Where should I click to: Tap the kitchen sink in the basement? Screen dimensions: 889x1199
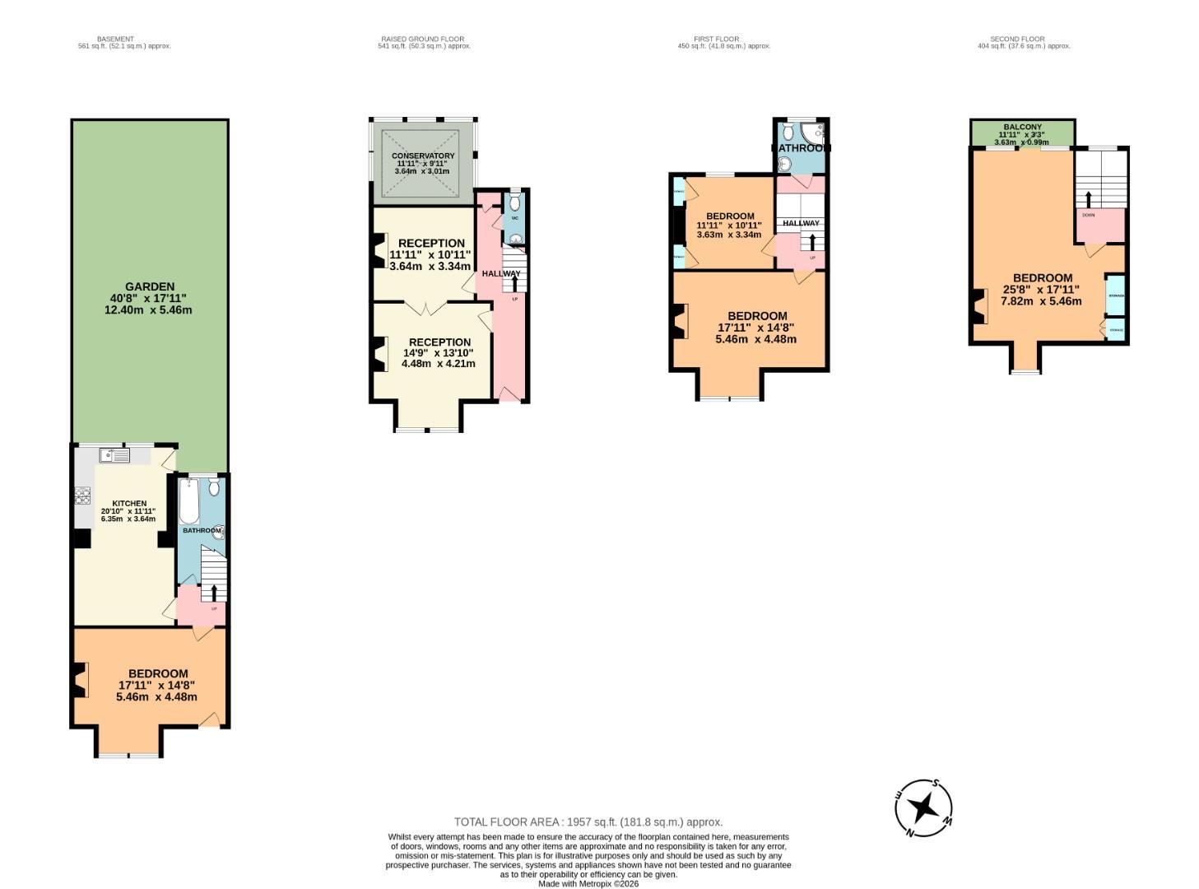114,454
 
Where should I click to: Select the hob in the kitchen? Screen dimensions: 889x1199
82,495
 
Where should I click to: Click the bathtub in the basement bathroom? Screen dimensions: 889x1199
188,501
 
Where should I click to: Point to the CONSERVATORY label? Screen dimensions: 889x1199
423,156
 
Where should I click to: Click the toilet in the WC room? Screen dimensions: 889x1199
515,202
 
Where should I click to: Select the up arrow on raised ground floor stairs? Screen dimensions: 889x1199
516,283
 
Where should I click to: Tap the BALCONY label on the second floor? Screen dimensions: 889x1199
1022,128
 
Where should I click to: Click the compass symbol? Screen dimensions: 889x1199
923,808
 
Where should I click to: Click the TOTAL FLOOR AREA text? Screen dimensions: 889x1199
588,822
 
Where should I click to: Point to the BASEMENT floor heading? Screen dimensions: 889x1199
115,39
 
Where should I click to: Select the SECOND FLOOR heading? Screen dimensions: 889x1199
1017,39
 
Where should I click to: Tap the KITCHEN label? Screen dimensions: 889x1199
129,503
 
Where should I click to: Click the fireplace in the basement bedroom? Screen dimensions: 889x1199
80,680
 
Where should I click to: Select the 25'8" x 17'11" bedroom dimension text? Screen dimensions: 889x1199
1041,289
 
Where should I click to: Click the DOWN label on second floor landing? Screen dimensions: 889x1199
1088,215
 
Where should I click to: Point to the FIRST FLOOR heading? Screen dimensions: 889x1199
716,39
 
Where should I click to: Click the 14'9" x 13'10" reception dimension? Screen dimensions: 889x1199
438,352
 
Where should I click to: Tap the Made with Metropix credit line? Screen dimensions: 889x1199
588,883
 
